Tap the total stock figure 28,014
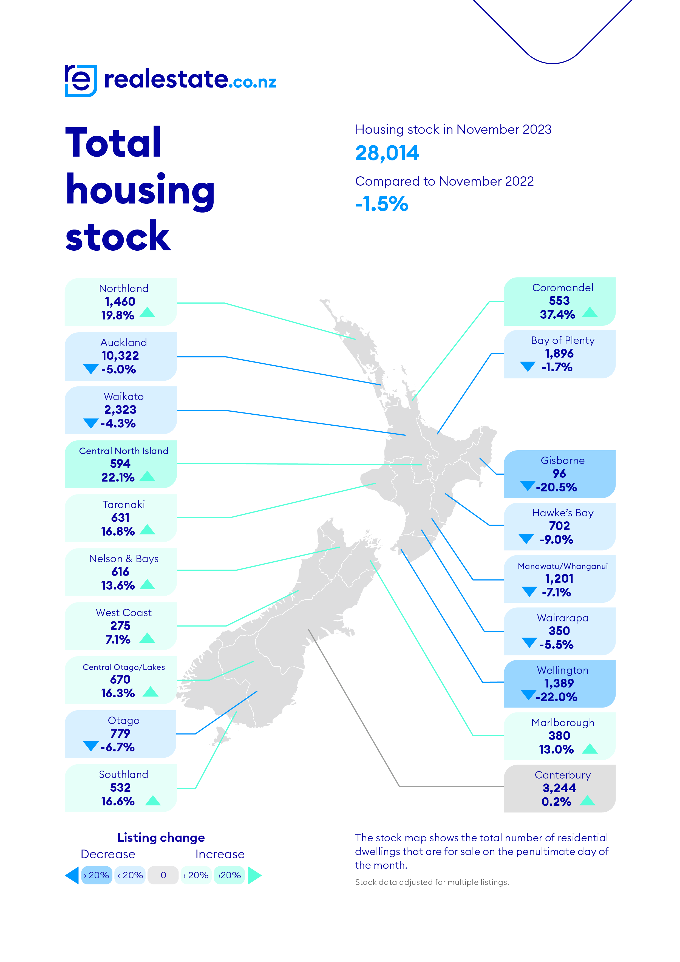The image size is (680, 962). (387, 153)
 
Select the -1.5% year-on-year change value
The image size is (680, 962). (382, 204)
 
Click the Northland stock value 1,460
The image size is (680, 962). (120, 302)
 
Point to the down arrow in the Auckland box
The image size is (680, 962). (90, 369)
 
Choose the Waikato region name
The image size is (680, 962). (124, 396)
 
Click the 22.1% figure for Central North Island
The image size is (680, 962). (118, 477)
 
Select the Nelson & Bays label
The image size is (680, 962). (124, 559)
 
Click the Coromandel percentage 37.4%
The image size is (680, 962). (557, 314)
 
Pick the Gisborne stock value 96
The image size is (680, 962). (559, 473)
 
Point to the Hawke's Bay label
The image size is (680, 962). (563, 513)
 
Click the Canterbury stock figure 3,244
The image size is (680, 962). (559, 788)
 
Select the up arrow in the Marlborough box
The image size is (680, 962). (590, 748)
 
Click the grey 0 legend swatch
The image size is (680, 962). (163, 875)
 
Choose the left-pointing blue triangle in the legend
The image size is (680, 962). (72, 875)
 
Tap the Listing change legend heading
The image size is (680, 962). (161, 837)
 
